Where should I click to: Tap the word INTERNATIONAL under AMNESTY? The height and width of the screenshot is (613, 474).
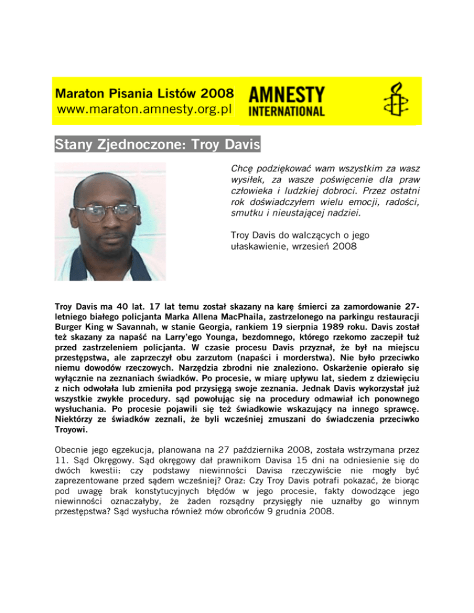pyautogui.click(x=286, y=112)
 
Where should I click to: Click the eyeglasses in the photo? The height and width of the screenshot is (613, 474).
pyautogui.click(x=111, y=212)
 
